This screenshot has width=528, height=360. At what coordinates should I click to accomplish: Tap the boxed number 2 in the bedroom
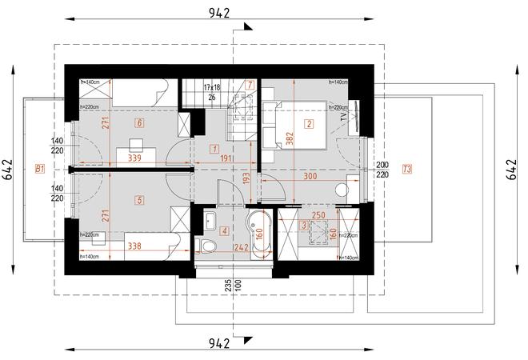coord(309,123)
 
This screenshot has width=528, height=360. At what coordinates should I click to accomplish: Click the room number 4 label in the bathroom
coord(225,232)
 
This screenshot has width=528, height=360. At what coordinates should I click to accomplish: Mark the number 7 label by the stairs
coord(250,84)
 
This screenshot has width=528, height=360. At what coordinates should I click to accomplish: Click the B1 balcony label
coord(39,168)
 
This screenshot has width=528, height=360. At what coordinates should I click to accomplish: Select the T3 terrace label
coord(408,168)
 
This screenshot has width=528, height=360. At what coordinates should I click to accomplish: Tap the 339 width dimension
coord(134,159)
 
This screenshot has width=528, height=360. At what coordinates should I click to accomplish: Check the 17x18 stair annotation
coord(212,86)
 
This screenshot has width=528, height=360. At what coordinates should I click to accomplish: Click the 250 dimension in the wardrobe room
coord(317,216)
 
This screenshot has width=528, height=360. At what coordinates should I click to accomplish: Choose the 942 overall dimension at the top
coord(220,12)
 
